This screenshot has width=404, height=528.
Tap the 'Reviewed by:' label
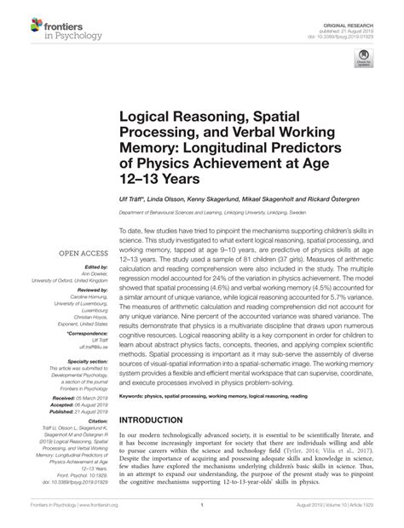(84, 267)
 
